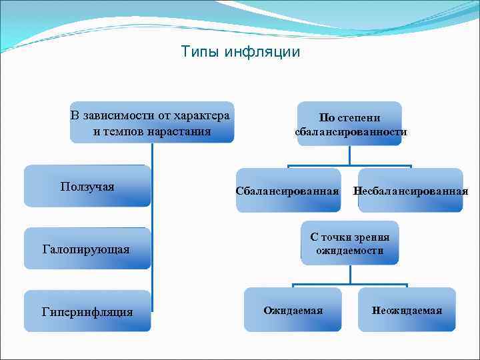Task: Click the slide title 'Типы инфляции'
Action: [x=241, y=51]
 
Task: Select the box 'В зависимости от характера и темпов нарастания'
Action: [x=152, y=123]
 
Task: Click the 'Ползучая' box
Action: [x=87, y=186]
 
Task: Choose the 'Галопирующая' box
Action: [x=87, y=249]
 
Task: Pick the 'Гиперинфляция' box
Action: [x=87, y=311]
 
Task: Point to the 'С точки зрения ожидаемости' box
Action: [x=350, y=243]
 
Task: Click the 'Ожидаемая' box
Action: [x=293, y=310]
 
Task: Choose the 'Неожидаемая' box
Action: [x=407, y=310]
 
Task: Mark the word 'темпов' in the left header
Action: [x=125, y=131]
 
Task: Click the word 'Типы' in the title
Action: [x=200, y=51]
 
